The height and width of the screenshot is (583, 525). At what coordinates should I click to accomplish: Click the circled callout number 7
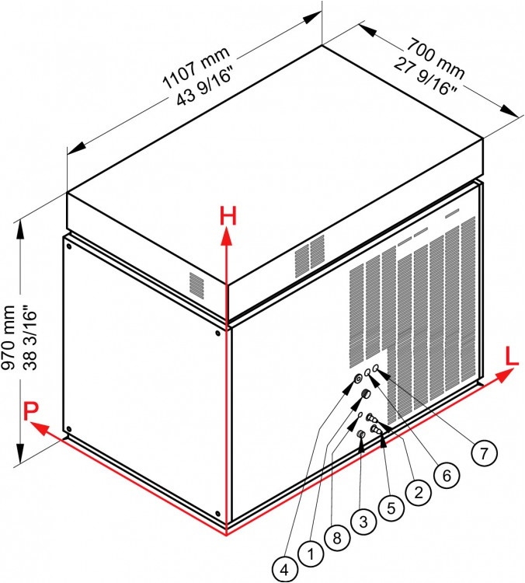[x=483, y=453]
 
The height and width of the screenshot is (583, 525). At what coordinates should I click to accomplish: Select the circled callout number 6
[x=447, y=475]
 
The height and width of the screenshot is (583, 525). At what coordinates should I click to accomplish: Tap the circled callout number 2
[x=419, y=492]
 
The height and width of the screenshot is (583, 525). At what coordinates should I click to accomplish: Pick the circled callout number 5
[x=391, y=508]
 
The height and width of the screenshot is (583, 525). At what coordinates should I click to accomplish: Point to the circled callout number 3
[x=363, y=522]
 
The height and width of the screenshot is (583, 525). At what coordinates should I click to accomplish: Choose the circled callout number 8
[x=336, y=538]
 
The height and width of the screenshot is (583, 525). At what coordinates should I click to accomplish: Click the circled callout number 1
[x=311, y=554]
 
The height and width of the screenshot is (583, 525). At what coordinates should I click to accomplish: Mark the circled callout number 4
[x=284, y=569]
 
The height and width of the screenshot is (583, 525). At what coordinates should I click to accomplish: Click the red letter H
[x=228, y=215]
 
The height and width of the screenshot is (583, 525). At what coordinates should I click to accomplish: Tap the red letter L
[x=512, y=357]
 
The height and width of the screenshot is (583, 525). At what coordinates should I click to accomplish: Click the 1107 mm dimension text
[x=197, y=68]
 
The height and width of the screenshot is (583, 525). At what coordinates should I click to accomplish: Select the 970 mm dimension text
[x=9, y=337]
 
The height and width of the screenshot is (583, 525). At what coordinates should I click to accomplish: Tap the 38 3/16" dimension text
[x=30, y=337]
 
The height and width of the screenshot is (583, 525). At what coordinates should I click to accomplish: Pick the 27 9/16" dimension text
[x=426, y=76]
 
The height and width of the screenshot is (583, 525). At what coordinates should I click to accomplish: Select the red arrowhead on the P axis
[x=40, y=428]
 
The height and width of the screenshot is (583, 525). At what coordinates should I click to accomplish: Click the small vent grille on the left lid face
[x=196, y=285]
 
